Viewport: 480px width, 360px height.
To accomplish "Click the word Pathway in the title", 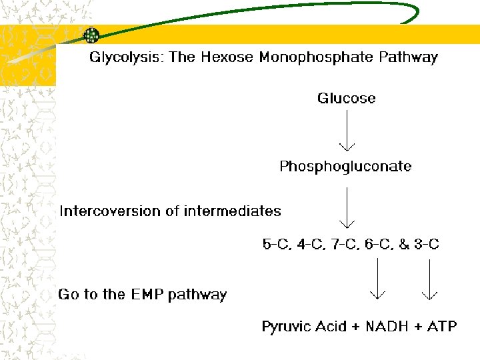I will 408,57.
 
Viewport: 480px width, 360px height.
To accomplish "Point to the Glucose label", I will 346,99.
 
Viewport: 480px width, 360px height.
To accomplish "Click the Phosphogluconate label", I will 345,166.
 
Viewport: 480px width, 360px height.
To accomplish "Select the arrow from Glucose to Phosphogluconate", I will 347,130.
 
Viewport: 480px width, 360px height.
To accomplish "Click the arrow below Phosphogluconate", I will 347,207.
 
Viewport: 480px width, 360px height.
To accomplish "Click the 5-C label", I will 276,245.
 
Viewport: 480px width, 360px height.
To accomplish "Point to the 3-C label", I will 427,245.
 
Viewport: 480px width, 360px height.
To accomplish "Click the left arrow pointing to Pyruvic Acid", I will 377,279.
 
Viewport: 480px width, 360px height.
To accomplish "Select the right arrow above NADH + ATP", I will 429,279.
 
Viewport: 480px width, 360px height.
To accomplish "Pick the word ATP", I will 442,327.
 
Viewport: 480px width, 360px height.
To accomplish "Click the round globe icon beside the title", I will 91,35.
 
